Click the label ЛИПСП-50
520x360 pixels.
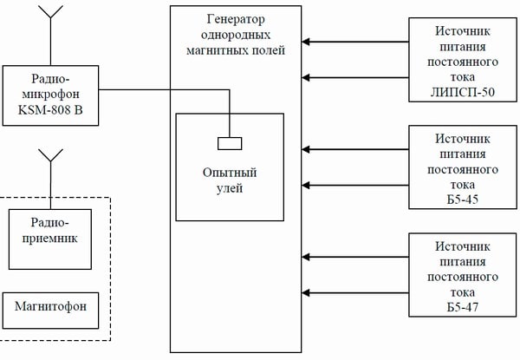[464, 93]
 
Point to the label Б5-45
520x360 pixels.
[464, 200]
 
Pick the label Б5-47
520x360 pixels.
[464, 307]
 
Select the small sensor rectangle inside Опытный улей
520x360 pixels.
[230, 143]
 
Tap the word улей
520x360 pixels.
[230, 187]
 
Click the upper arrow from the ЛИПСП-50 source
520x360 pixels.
[355, 40]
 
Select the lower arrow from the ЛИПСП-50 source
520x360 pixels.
[355, 76]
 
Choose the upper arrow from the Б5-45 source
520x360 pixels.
[355, 148]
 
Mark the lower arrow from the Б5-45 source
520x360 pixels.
[355, 184]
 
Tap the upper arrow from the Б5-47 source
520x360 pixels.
[355, 256]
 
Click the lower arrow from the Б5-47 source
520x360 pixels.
[355, 291]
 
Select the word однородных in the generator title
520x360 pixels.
[236, 35]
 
